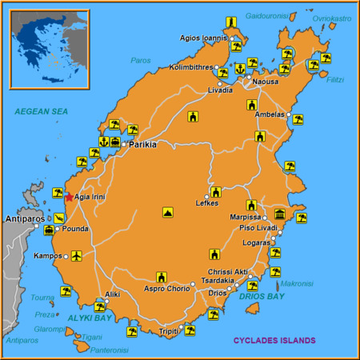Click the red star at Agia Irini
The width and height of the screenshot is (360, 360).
(x=69, y=197)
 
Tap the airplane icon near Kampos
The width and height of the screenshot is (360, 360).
(x=76, y=256)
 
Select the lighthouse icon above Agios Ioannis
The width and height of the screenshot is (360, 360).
(x=230, y=22)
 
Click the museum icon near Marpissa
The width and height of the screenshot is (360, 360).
(x=280, y=214)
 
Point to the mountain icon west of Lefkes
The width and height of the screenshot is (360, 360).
(x=167, y=213)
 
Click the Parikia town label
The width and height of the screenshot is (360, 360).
(x=142, y=145)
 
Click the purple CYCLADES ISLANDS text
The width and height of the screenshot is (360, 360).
(x=274, y=340)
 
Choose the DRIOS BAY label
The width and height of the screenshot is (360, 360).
(x=262, y=297)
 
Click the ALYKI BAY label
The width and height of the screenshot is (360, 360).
(x=90, y=318)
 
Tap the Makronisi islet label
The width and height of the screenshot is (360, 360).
(x=297, y=282)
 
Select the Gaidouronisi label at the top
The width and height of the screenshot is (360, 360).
(x=266, y=15)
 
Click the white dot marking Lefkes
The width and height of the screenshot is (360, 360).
(x=206, y=196)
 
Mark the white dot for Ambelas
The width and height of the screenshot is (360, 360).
(x=289, y=114)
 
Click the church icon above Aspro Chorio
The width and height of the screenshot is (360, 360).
(x=161, y=277)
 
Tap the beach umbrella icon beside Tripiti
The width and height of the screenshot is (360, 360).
(x=190, y=329)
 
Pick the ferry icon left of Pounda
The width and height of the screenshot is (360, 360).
(x=50, y=229)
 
